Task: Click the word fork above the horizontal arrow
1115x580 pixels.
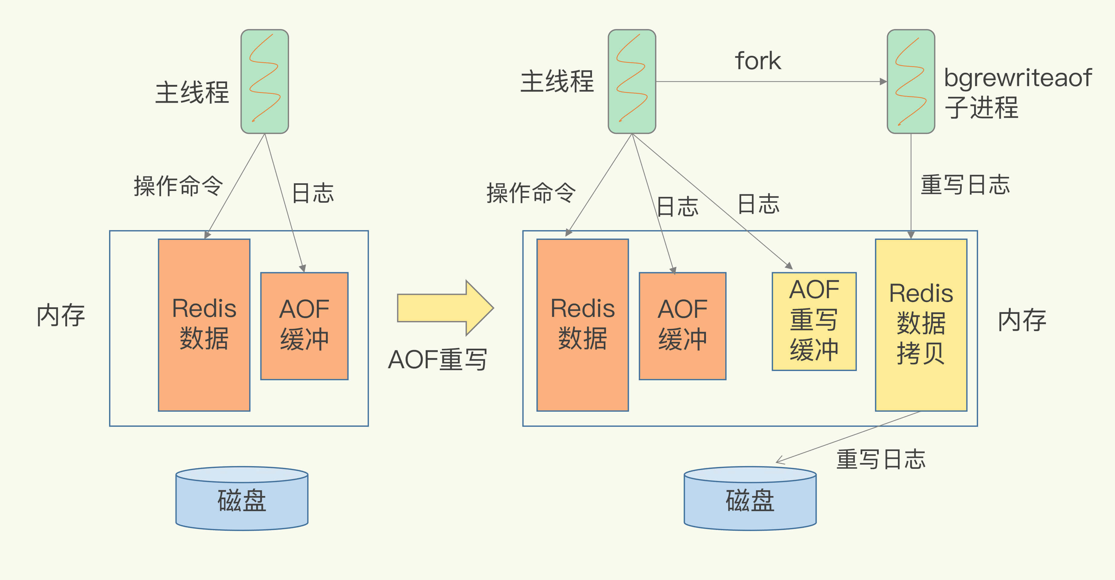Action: coord(757,61)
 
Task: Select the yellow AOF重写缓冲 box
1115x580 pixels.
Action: coord(814,321)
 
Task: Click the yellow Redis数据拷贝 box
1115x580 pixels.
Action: coord(921,324)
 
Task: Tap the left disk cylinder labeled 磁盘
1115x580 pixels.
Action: coord(242,500)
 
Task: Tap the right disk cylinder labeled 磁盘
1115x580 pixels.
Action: coord(750,500)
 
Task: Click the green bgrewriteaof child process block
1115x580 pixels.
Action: coord(911,81)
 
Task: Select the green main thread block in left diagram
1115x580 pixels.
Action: coord(265,81)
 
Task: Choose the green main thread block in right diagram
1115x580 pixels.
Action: coord(632,81)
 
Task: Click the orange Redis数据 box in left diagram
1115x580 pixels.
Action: coord(204,324)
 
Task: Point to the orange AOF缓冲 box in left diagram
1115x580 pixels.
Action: coord(304,325)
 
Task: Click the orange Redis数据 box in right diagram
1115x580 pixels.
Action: coord(582,324)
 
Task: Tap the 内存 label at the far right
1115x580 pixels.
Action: coord(1022,321)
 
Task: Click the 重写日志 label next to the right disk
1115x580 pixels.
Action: coord(880,459)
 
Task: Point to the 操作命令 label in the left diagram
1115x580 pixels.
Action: coord(178,186)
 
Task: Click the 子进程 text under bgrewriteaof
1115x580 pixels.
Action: coord(981,107)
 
